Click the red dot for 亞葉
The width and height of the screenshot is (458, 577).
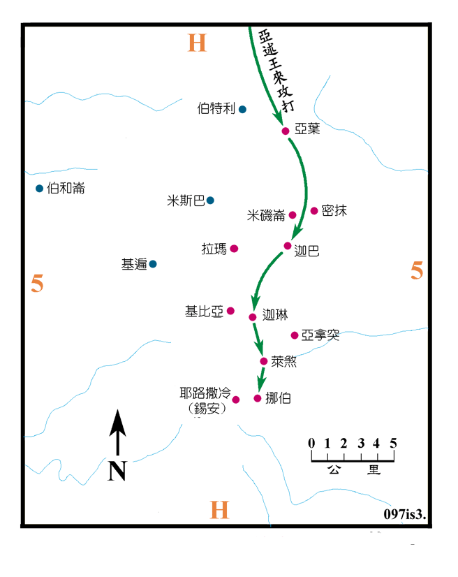[x=285, y=131]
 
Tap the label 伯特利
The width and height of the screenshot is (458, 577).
[x=216, y=109]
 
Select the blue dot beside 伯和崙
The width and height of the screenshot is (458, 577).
[x=40, y=188]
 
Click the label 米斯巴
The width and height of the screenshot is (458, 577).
[x=186, y=200]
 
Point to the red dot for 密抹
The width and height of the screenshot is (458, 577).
[x=314, y=210]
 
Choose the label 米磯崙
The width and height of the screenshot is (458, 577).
[x=266, y=216]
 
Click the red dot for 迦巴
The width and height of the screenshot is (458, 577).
[x=287, y=245]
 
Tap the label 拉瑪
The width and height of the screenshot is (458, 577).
[x=214, y=249]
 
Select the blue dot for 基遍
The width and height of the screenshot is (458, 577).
[x=153, y=263]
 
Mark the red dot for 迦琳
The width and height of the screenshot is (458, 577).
[x=253, y=317]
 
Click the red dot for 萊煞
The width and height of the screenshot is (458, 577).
[x=263, y=361]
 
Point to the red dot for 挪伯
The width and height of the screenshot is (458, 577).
[x=257, y=398]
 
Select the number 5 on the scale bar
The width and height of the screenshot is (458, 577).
[x=393, y=443]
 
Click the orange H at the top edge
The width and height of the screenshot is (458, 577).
[x=198, y=43]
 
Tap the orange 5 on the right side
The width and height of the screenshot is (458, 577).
[x=417, y=271]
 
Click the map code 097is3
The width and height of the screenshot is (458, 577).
[x=404, y=513]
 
